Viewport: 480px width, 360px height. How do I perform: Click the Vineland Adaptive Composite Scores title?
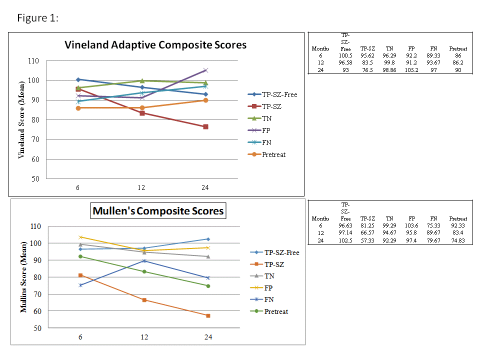click(x=155, y=45)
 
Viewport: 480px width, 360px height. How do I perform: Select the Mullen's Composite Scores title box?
click(x=157, y=211)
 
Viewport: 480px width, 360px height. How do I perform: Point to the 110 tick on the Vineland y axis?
click(x=33, y=61)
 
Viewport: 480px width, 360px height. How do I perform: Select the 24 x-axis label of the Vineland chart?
click(x=205, y=187)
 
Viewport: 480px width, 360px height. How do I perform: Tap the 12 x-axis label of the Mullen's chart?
click(x=144, y=337)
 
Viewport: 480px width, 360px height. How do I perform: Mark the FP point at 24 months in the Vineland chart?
click(x=205, y=70)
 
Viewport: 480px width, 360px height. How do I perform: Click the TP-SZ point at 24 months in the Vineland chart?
click(x=205, y=126)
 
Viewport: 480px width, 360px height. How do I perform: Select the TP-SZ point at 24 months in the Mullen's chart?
click(x=208, y=315)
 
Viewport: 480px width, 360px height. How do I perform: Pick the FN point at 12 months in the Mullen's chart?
click(x=144, y=260)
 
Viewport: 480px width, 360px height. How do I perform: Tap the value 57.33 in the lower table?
click(x=367, y=240)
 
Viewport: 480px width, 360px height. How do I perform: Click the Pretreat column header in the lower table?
click(x=458, y=218)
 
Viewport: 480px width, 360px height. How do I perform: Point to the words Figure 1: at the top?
click(x=38, y=18)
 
